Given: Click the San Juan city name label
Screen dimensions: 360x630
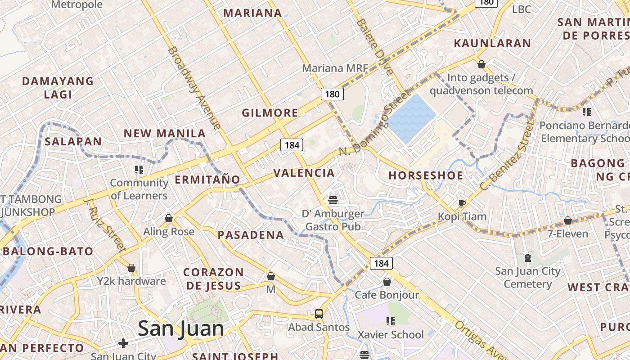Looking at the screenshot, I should coord(181,328).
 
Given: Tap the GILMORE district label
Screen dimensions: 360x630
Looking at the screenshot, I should coord(270,112).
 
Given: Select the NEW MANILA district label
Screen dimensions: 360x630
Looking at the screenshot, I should coord(165,133).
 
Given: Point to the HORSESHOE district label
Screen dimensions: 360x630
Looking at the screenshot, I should coord(426,175).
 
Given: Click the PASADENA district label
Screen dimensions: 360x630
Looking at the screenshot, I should coord(251,234).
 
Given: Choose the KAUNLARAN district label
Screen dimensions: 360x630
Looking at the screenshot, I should coord(492,43).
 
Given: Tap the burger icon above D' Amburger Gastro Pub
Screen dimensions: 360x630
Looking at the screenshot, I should coord(333,200).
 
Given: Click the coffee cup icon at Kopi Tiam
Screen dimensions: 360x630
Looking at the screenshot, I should coord(462,203).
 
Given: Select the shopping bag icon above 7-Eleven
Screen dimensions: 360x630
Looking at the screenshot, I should coord(568,220).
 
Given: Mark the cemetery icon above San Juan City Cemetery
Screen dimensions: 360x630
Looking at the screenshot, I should coord(527,258).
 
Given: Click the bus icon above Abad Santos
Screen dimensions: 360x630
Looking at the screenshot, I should coord(319,314).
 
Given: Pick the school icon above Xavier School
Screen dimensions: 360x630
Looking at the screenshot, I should coord(390,321).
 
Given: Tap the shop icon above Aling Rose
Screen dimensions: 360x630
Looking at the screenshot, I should coord(169,218).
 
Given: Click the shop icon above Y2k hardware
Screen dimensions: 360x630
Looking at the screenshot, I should coord(131,268).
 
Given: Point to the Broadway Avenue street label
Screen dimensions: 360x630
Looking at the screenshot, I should coord(194,88).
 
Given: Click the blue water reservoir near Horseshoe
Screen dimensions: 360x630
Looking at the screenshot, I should coord(410,118).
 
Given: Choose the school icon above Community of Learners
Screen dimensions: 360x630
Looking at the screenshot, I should coord(139,170).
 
